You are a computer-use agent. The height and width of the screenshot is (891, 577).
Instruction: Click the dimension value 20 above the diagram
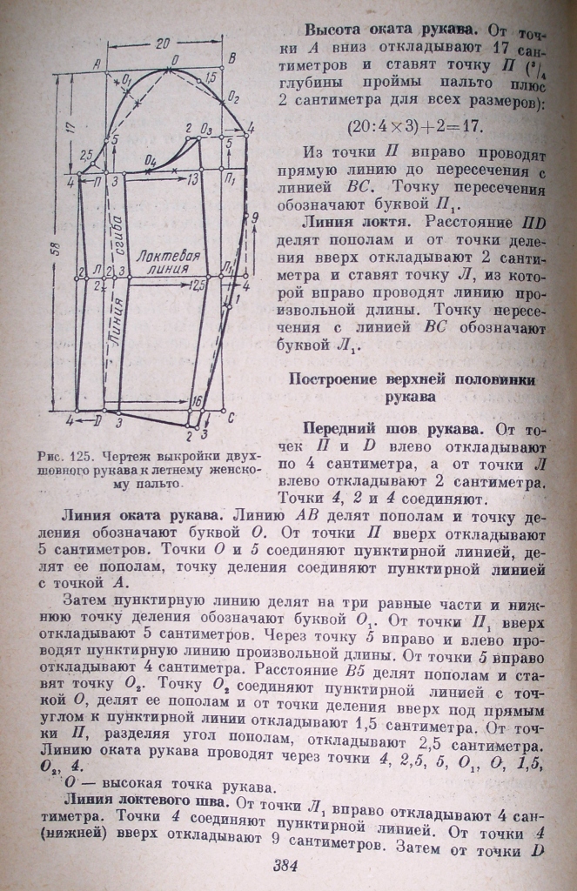coord(163,41)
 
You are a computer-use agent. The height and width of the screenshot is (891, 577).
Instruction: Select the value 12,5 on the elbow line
coord(198,284)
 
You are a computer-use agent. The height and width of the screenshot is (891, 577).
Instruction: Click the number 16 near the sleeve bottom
coord(197,401)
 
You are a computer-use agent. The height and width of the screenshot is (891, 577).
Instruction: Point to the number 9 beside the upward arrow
coord(255,221)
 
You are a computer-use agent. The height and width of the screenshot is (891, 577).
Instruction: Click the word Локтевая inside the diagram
coord(172,257)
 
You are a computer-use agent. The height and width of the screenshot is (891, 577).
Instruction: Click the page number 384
coord(286,867)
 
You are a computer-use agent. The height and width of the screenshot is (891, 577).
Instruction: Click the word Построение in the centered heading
coord(337,380)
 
